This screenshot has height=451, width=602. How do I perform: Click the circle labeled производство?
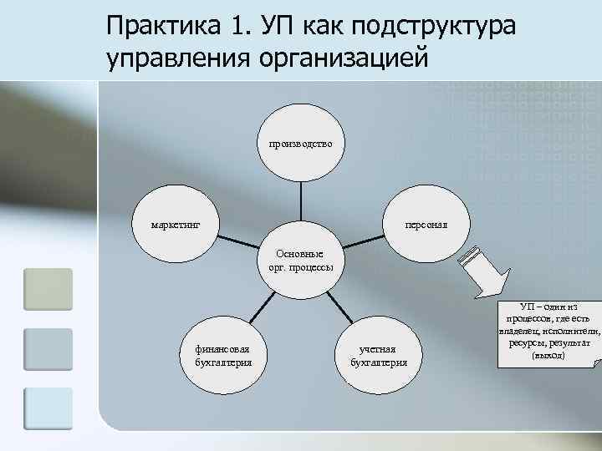click(300, 144)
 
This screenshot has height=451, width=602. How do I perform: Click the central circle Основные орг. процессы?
click(300, 261)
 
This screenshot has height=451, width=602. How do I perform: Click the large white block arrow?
click(485, 272)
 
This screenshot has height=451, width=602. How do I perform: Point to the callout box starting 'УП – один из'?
click(548, 332)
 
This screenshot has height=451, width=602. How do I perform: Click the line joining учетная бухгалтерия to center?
click(342, 308)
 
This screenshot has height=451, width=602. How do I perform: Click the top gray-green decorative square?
click(48, 289)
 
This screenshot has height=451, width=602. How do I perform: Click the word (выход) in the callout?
click(548, 356)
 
